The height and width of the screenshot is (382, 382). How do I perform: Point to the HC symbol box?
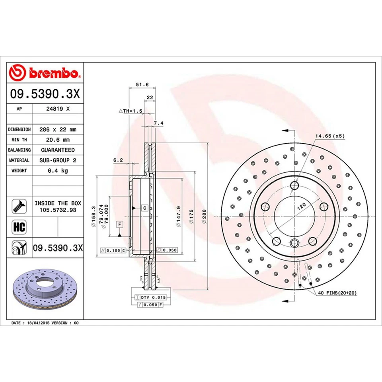pyautogui.click(x=19, y=227)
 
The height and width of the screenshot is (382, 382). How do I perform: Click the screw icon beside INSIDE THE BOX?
pyautogui.click(x=19, y=206)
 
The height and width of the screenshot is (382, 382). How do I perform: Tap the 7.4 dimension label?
pyautogui.click(x=158, y=123)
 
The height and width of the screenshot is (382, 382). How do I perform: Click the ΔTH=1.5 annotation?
pyautogui.click(x=131, y=111)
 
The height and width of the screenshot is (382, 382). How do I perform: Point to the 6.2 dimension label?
pyautogui.click(x=118, y=160)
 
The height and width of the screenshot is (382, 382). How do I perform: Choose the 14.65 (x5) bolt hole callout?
pyautogui.click(x=330, y=136)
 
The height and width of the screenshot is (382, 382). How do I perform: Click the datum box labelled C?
pyautogui.click(x=144, y=208)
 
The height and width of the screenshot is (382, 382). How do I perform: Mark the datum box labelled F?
pyautogui.click(x=119, y=224)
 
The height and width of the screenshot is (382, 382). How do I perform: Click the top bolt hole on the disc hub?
pyautogui.click(x=294, y=185)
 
